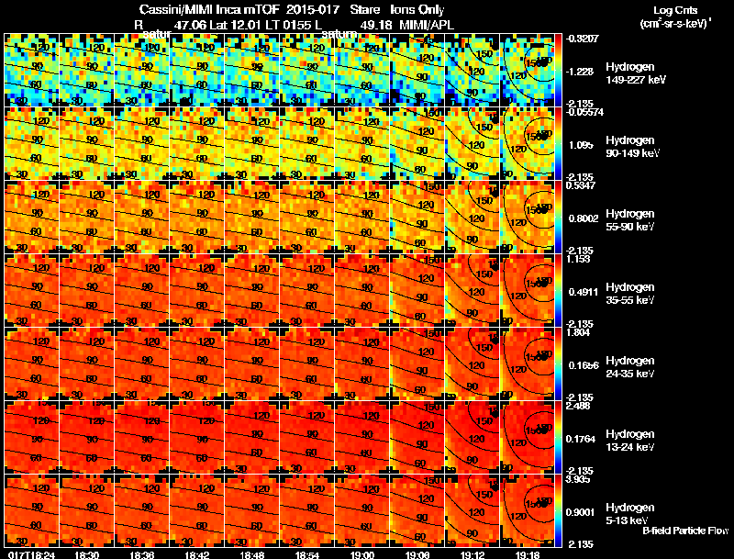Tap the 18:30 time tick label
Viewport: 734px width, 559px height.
(x=87, y=553)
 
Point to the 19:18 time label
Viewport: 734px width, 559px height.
(x=528, y=553)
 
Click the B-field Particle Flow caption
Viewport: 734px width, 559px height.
(x=685, y=530)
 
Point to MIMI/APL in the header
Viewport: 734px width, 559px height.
(x=426, y=25)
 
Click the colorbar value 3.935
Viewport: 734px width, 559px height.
(x=579, y=479)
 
